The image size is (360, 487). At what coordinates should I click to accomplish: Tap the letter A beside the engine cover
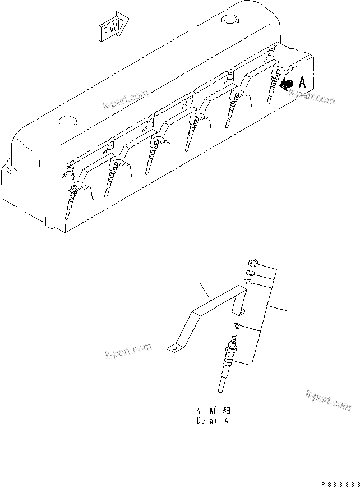coord(302,83)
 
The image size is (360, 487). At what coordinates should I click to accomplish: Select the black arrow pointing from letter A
coord(287,84)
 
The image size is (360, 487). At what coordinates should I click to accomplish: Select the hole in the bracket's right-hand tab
coord(242,310)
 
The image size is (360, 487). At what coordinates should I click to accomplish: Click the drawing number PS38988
coord(340,483)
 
